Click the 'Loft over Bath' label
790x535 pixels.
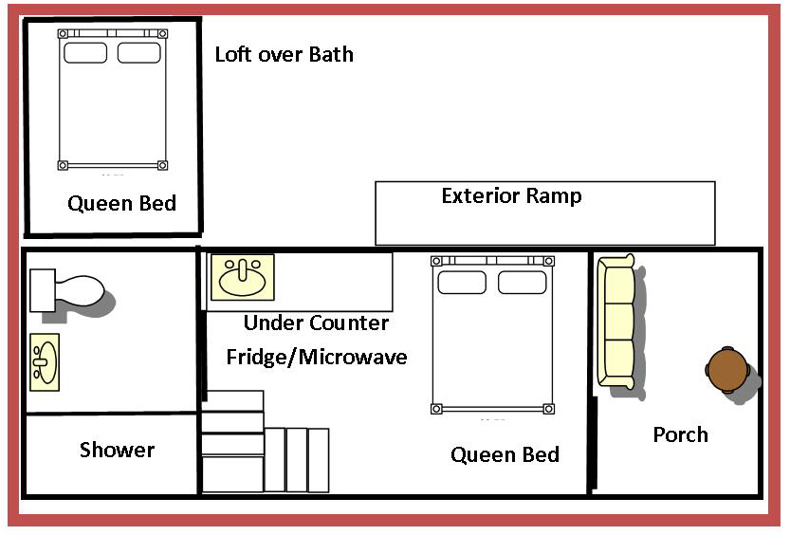coord(285,54)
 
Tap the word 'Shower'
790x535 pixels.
coord(117,450)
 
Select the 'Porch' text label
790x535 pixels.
coord(681,434)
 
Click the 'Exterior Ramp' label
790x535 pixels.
coord(511,195)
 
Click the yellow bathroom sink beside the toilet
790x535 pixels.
coord(45,362)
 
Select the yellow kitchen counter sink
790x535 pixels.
coord(243,277)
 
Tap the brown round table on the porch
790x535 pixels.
coord(727,370)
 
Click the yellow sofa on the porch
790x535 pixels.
coord(615,322)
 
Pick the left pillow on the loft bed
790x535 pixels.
coord(85,53)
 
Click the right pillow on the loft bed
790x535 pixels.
coord(139,53)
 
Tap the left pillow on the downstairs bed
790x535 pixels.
coord(462,283)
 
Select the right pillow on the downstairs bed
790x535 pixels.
coord(522,283)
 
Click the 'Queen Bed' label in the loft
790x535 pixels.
coord(122,203)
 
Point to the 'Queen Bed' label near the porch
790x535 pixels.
coord(505,454)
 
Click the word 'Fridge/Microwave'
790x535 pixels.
coord(317,358)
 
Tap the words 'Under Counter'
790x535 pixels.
coord(316,323)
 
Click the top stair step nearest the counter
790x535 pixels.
coord(232,401)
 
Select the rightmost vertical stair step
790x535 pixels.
coord(319,460)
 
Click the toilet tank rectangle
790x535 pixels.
coord(43,290)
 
